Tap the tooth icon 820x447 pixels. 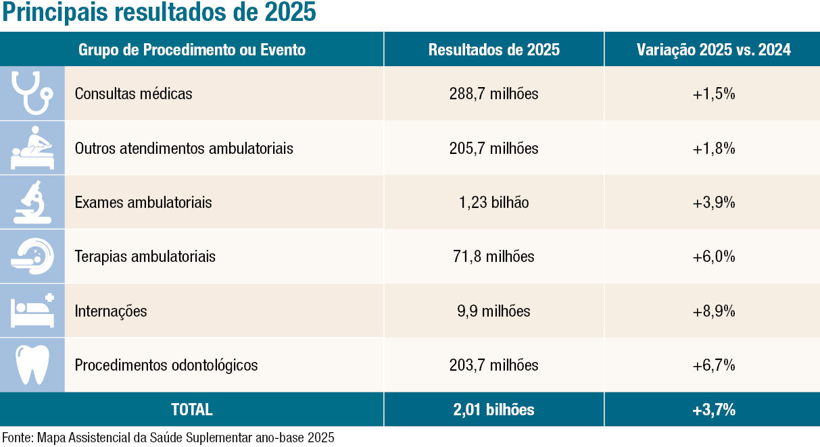[32, 365]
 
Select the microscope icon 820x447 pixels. [32, 203]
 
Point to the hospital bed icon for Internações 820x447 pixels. [32, 311]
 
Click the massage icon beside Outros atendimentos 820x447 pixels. [32, 148]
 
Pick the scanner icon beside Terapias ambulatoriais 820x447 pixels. [32, 256]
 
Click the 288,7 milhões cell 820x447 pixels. [494, 94]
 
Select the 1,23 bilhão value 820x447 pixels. [494, 203]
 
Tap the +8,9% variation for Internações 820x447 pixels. [714, 311]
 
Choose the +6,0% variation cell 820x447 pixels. [714, 257]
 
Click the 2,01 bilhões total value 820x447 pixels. [494, 410]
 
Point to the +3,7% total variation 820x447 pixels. [714, 410]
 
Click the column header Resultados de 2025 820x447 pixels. [494, 50]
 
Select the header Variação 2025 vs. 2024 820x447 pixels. [714, 50]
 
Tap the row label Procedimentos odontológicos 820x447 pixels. [166, 365]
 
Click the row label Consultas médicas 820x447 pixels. [134, 94]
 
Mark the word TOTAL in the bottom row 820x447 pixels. [192, 410]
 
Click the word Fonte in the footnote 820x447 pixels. [18, 438]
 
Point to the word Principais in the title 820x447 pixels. [55, 12]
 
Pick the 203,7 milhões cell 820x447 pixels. [494, 365]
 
